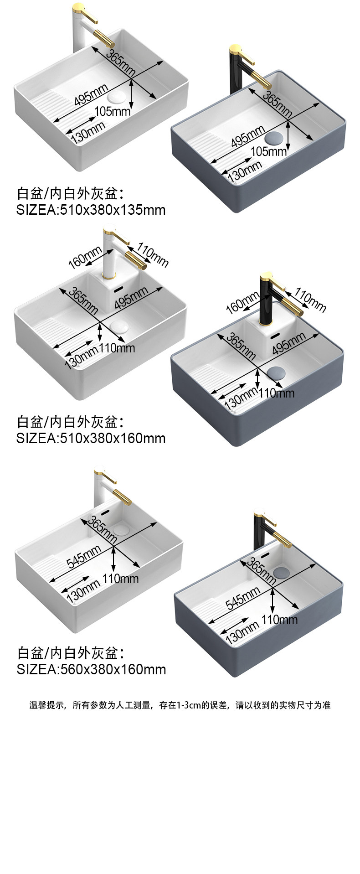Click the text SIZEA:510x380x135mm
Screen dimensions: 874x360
point(91,210)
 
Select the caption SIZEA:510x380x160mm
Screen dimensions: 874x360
point(91,438)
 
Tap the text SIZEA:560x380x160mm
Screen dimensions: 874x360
point(91,669)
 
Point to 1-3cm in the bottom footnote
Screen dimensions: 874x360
point(192,705)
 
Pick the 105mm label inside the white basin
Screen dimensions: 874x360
point(112,111)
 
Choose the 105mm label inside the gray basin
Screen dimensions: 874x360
point(268,151)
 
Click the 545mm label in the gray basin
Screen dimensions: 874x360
point(243,598)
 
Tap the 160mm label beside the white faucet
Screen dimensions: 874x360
point(85,257)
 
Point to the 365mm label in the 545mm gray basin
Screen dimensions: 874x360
point(261,571)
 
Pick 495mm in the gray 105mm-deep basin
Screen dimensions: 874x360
point(247,136)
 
